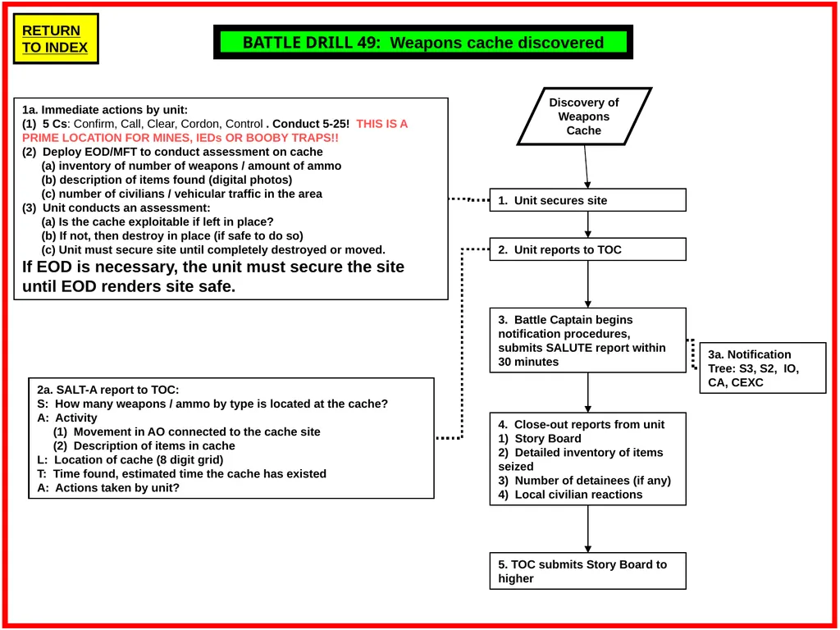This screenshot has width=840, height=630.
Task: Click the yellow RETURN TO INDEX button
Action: pyautogui.click(x=56, y=39)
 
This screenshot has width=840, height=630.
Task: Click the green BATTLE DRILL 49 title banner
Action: pyautogui.click(x=423, y=42)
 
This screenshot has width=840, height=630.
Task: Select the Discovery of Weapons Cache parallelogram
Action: pyautogui.click(x=584, y=116)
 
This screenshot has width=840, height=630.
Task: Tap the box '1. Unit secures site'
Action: pyautogui.click(x=587, y=200)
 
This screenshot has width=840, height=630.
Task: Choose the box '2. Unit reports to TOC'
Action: pyautogui.click(x=587, y=249)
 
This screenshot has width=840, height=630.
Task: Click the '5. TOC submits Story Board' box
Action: pyautogui.click(x=587, y=571)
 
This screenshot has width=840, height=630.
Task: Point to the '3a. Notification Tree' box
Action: pyautogui.click(x=763, y=368)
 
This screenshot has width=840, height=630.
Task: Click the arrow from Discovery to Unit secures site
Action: pyautogui.click(x=586, y=167)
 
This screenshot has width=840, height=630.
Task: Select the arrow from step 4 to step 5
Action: pyautogui.click(x=587, y=529)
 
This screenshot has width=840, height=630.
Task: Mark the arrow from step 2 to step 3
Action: pyautogui.click(x=587, y=284)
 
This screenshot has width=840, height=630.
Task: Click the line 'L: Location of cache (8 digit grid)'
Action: pyautogui.click(x=130, y=459)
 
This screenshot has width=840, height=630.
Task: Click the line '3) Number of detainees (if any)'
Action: pyautogui.click(x=584, y=481)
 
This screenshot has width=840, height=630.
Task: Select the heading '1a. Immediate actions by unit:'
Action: pyautogui.click(x=105, y=110)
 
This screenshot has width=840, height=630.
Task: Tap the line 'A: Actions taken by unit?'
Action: pyautogui.click(x=108, y=487)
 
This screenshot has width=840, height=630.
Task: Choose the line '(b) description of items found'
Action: pyautogui.click(x=167, y=180)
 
